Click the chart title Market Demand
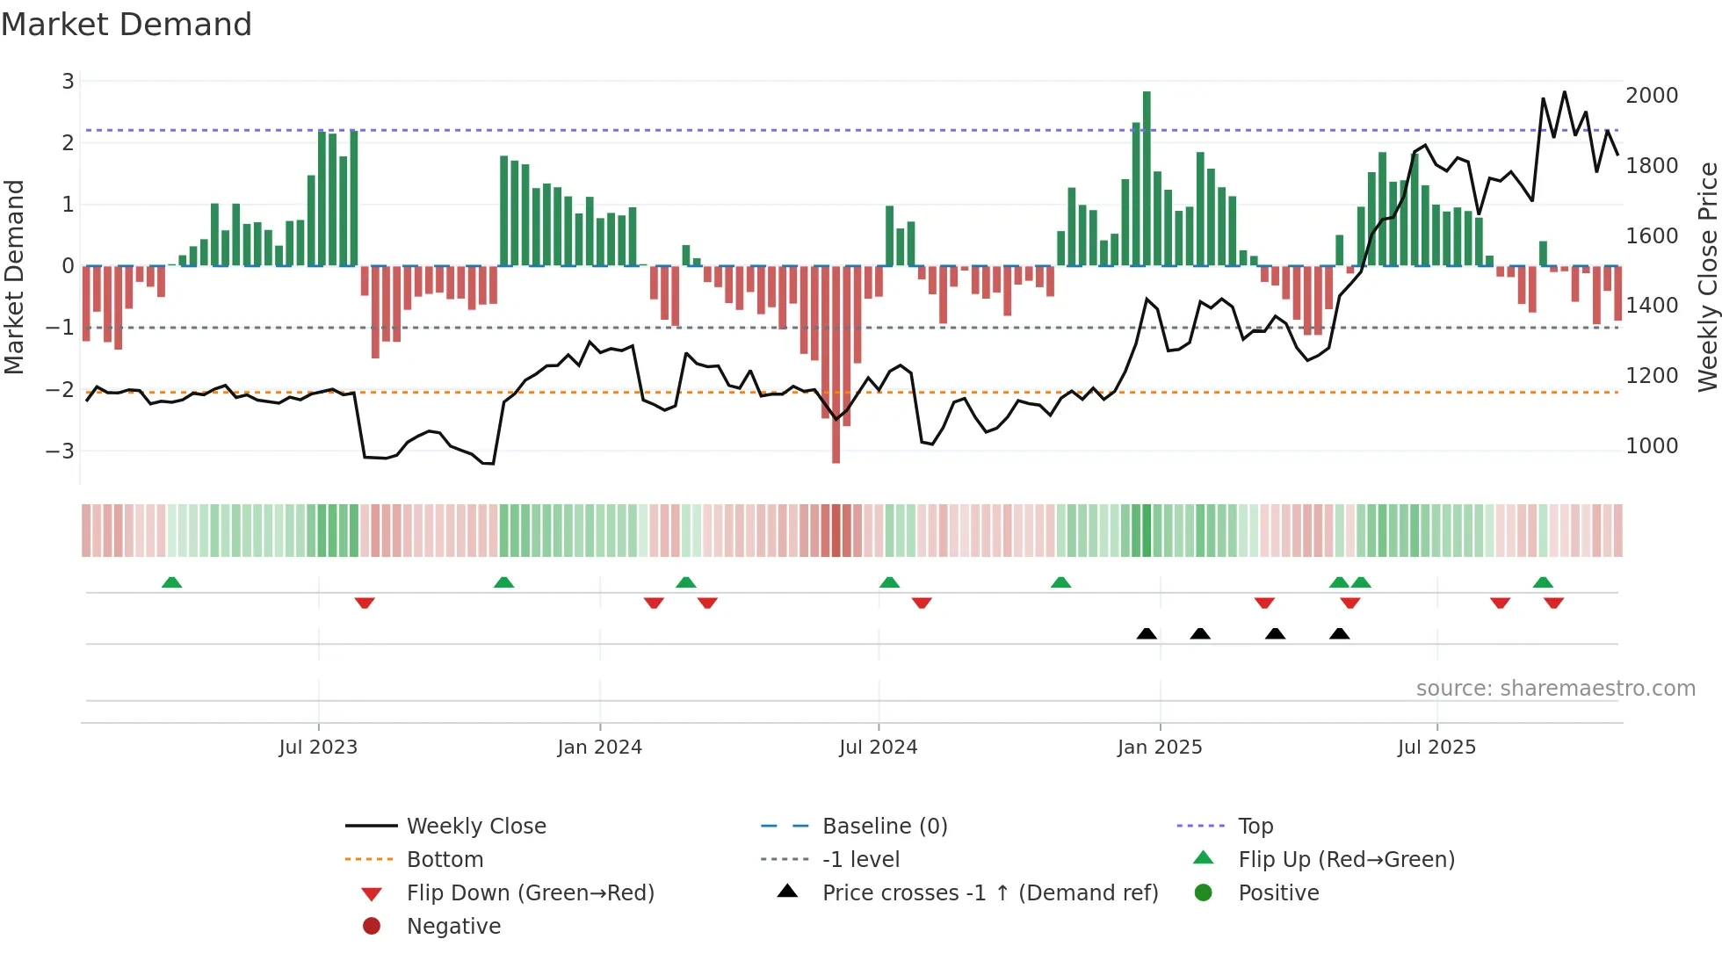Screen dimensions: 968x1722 point(127,24)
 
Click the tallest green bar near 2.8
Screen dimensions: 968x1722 point(1147,176)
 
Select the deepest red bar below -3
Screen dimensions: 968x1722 point(836,369)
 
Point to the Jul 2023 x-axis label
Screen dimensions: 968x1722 point(318,748)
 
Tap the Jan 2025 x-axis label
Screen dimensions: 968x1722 point(1160,748)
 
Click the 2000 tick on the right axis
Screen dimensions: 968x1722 point(1652,95)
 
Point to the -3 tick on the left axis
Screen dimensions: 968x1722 point(61,451)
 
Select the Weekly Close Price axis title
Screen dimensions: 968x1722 point(1707,277)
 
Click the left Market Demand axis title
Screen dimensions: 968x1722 point(14,277)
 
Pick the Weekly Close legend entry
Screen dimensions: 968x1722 point(476,827)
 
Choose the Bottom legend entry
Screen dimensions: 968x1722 point(445,860)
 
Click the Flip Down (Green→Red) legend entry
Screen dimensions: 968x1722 point(530,893)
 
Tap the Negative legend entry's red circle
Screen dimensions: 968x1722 point(372,927)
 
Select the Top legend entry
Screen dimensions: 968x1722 point(1255,827)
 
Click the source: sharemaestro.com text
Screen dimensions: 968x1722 point(1555,689)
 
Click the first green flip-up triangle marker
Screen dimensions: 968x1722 point(172,582)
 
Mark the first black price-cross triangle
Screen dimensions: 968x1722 point(1147,633)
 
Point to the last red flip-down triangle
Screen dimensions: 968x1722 point(1553,603)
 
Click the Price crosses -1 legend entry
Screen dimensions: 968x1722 point(990,893)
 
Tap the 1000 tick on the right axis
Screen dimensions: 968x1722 point(1652,446)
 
